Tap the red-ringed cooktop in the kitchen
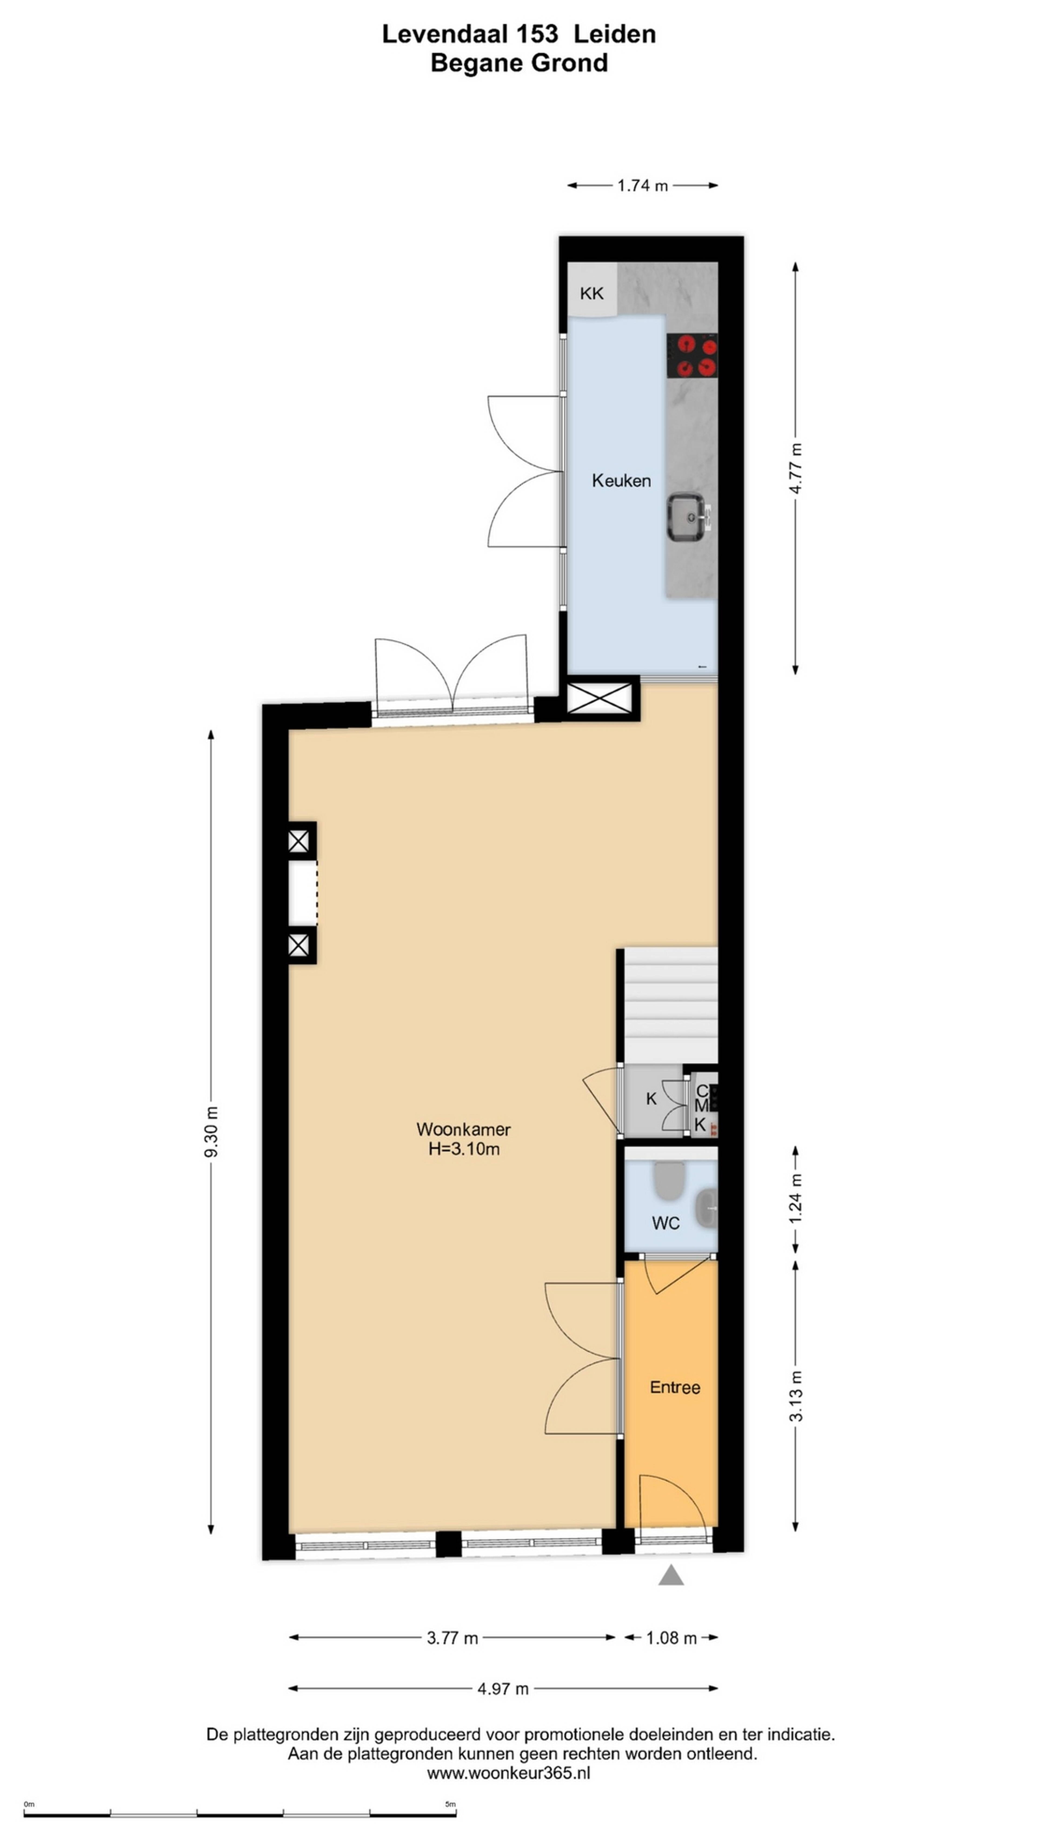click(x=692, y=356)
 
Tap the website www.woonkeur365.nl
click(x=509, y=1773)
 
